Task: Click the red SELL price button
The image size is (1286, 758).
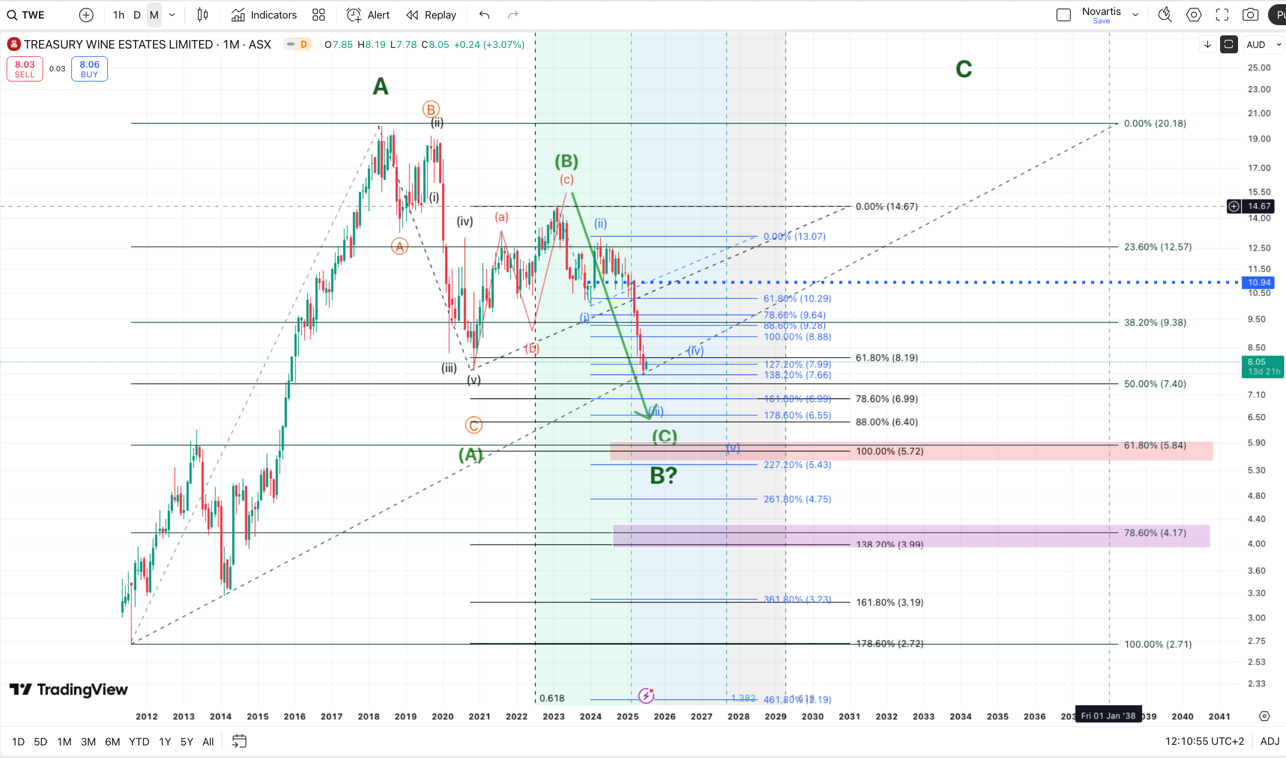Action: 25,69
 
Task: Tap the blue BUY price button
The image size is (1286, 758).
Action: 89,69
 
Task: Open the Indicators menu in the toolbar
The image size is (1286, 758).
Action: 264,15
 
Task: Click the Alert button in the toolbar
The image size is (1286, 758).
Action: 369,15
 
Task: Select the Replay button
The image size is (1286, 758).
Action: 432,15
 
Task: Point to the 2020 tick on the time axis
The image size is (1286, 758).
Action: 442,716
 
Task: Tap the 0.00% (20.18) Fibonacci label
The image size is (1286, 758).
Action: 1155,123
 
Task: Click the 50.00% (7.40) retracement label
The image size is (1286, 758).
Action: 1155,384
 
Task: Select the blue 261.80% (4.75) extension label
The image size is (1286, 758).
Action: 797,499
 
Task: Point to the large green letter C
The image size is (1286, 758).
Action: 963,70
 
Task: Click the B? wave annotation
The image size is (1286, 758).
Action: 664,476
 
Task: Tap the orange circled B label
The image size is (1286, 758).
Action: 430,109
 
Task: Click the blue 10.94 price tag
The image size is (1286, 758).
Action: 1259,282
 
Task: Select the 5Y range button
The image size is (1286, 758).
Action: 186,742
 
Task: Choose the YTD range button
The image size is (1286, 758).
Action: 139,742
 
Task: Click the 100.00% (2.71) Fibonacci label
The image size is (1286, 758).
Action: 1158,644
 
